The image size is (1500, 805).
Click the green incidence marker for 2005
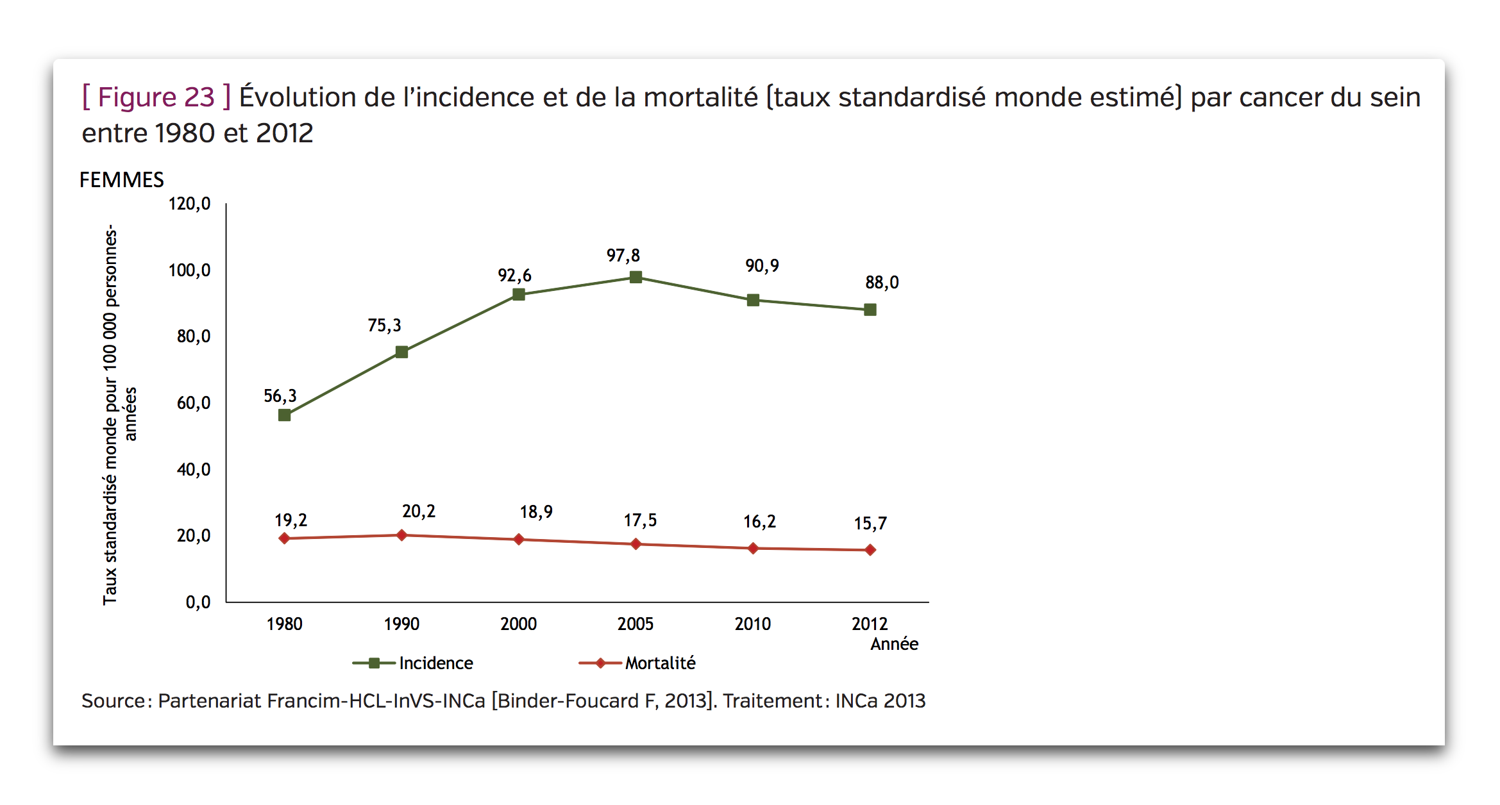tap(636, 277)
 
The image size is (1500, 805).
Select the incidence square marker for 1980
tap(285, 415)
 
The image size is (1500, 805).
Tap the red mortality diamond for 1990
tap(401, 535)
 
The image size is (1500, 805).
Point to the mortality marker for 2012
tap(870, 550)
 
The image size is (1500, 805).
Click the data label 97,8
tap(623, 256)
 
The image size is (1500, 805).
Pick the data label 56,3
tap(280, 396)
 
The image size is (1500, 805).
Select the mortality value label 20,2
tap(419, 511)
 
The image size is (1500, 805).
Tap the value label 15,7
tap(870, 524)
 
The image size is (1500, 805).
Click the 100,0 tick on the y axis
tap(189, 270)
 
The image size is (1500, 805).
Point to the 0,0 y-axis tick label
tap(198, 602)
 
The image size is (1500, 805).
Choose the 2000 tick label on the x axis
tap(518, 624)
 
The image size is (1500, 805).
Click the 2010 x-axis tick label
tap(753, 624)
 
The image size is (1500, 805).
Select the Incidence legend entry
tap(413, 663)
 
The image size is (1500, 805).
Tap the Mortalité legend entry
tap(637, 663)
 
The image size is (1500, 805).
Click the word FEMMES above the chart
tap(122, 180)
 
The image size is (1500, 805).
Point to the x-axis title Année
tap(895, 643)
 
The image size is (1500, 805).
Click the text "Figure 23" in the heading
tap(156, 97)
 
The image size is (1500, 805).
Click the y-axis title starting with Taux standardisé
tap(119, 415)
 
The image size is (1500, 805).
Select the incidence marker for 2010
tap(753, 300)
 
